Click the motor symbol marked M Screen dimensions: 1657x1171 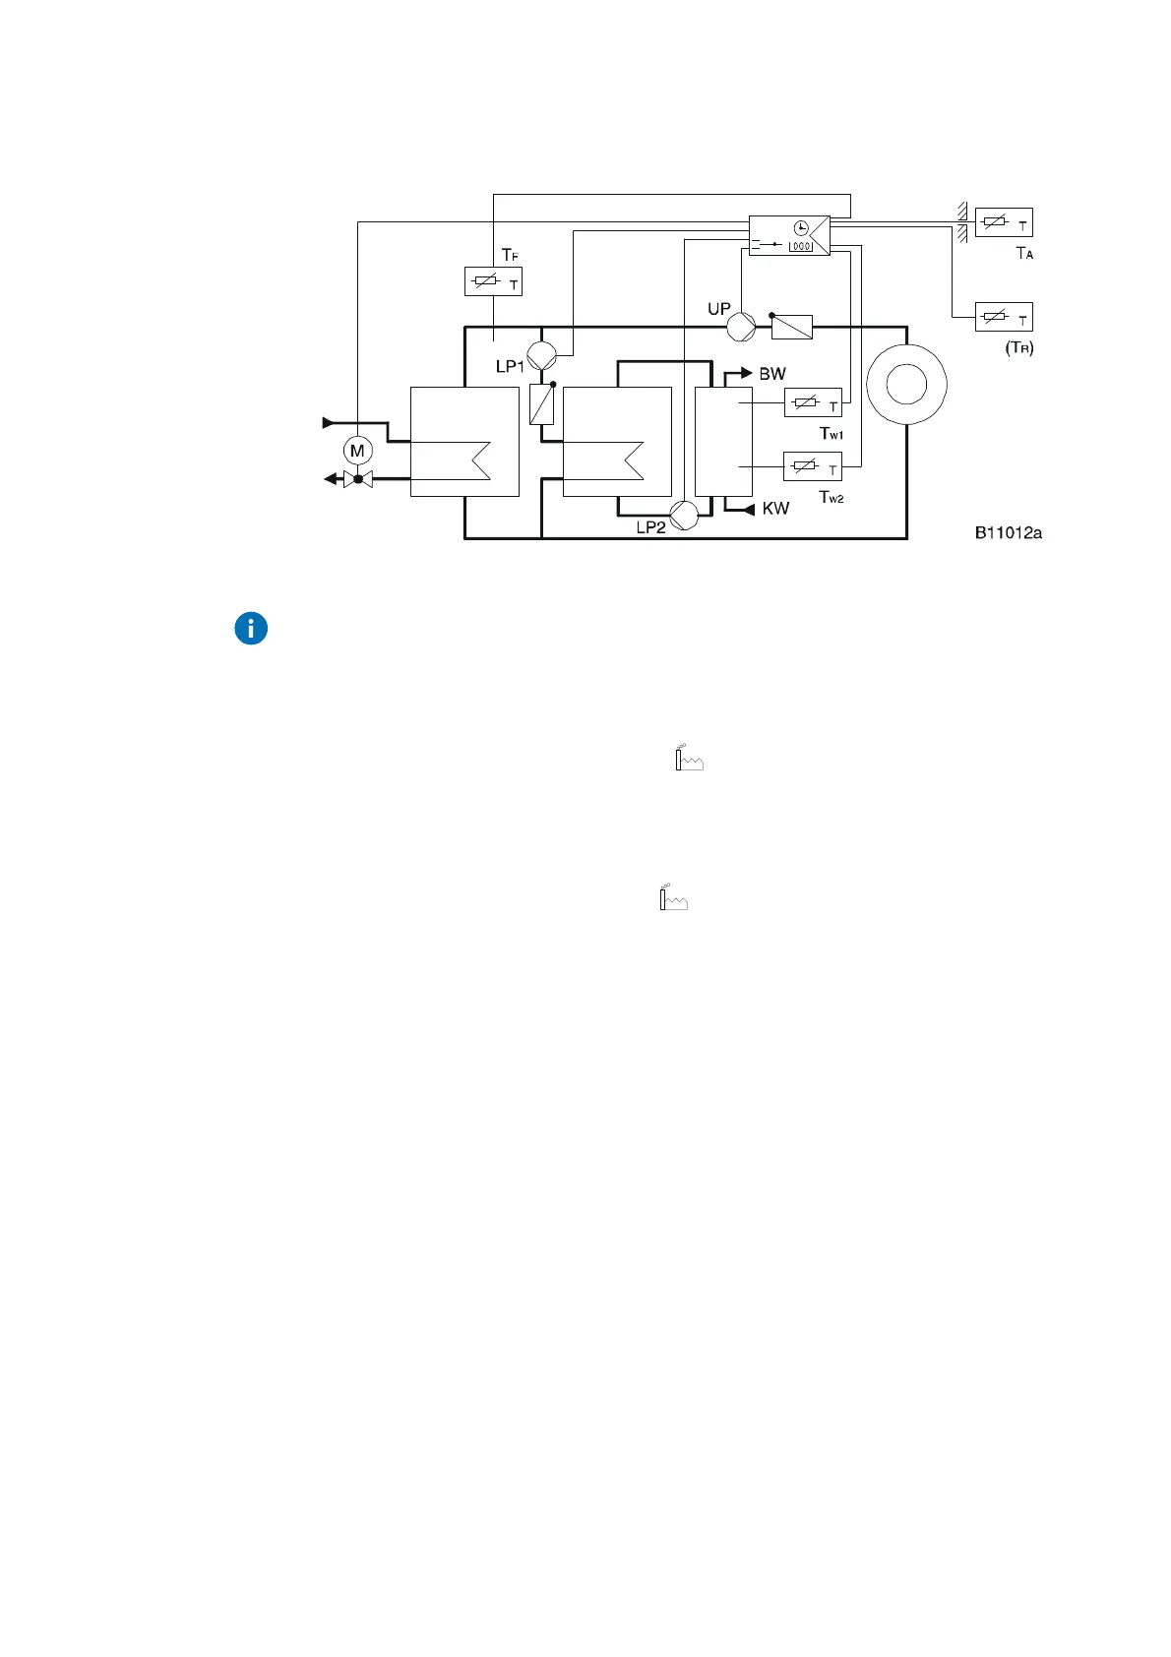357,451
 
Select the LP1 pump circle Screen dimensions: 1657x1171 542,354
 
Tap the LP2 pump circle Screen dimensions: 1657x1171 684,515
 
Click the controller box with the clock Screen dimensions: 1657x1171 789,235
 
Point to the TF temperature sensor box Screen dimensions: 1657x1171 493,282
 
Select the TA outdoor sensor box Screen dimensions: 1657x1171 1004,222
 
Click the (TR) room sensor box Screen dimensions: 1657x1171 1004,317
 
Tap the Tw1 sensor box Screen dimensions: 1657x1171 813,402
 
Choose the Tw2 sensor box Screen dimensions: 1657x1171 813,465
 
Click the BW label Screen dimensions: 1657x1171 772,374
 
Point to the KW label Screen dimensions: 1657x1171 775,509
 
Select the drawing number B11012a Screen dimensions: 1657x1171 1009,533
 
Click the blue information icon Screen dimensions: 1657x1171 252,629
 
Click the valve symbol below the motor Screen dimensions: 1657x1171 358,479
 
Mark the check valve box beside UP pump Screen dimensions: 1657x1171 791,327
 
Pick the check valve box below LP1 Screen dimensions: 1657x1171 542,403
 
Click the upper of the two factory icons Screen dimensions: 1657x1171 689,759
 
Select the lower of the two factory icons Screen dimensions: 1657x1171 673,897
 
